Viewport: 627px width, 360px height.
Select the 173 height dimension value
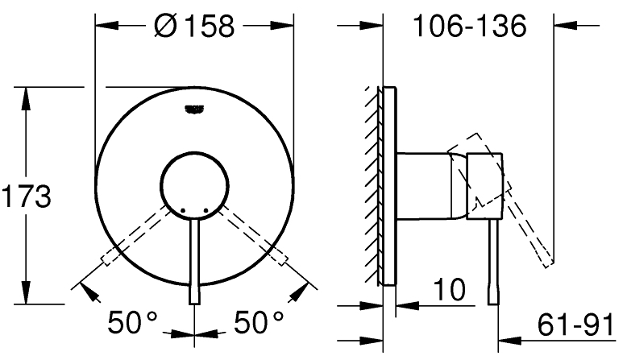(x=27, y=196)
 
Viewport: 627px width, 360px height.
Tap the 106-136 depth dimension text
(x=469, y=26)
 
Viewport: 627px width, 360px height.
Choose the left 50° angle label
(x=134, y=324)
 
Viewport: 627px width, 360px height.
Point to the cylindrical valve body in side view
(x=431, y=184)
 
